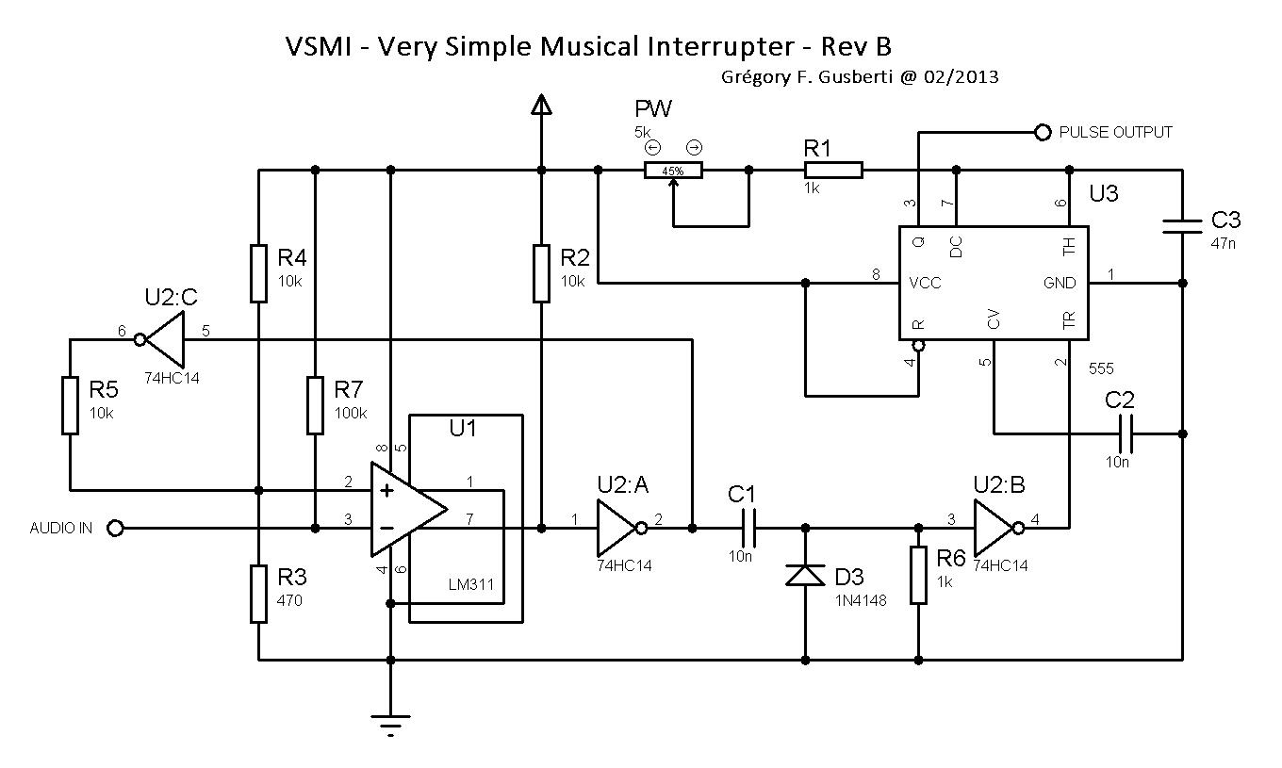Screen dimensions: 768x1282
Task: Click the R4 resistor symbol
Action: [x=258, y=273]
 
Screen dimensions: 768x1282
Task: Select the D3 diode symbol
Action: [x=806, y=573]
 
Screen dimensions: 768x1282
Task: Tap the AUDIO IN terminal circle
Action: [x=115, y=529]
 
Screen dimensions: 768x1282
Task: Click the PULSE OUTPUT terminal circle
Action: [x=1043, y=133]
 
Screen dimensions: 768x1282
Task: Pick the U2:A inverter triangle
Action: [x=616, y=529]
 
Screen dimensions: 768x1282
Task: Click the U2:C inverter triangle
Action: [x=164, y=339]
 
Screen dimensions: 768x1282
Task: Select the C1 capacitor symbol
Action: [x=749, y=529]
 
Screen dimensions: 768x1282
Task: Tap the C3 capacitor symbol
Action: [x=1183, y=226]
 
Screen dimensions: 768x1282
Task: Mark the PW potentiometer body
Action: [x=673, y=171]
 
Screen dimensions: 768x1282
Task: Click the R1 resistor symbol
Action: [x=833, y=171]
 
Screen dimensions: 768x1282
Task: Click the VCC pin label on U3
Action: [x=925, y=283]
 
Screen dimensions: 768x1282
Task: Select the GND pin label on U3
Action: [x=1059, y=283]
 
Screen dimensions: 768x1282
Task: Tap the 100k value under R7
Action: [x=351, y=413]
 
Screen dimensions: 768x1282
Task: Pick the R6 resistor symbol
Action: [x=919, y=575]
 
